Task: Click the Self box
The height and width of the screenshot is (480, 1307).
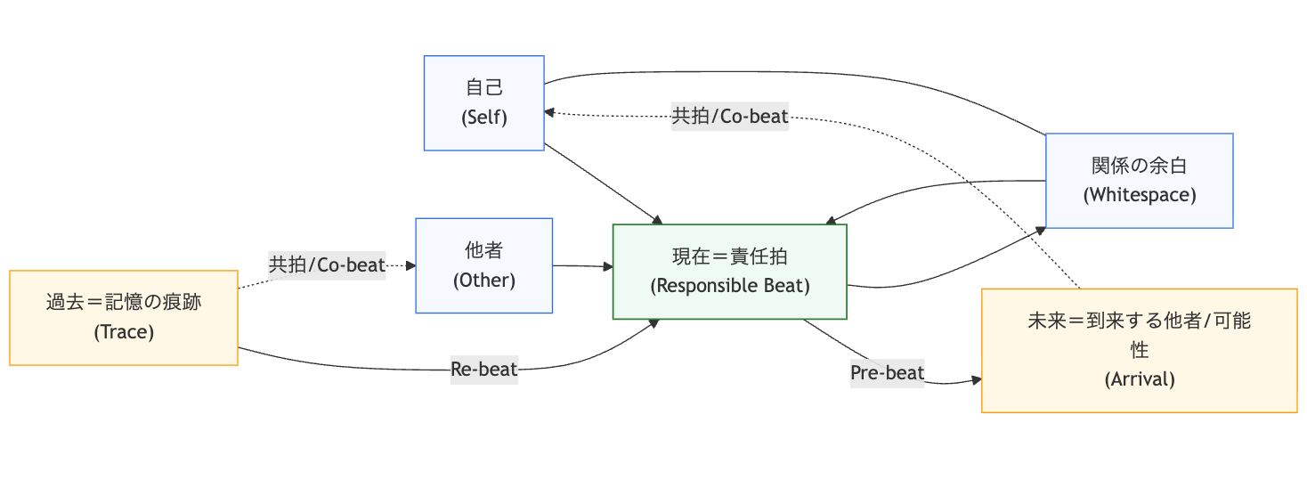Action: [x=483, y=102]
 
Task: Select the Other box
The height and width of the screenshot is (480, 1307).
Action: [x=483, y=265]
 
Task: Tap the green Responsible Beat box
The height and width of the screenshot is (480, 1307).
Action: [x=729, y=272]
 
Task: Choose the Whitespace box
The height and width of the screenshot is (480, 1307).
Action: [x=1139, y=181]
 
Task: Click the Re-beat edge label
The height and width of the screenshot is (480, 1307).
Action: [x=483, y=369]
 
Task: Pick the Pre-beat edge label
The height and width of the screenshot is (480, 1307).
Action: [x=887, y=372]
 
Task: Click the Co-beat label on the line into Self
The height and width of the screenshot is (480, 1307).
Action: [x=729, y=117]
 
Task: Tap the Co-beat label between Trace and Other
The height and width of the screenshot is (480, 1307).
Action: [x=327, y=264]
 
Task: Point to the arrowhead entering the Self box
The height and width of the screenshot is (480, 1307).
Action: [x=550, y=113]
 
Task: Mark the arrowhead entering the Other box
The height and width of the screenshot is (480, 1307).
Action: [x=410, y=265]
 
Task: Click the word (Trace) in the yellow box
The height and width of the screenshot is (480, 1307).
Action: [x=124, y=332]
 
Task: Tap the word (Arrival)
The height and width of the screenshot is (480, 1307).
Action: [x=1139, y=378]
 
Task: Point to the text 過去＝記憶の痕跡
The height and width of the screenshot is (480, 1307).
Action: [x=124, y=302]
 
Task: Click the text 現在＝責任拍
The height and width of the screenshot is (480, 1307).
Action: [x=729, y=256]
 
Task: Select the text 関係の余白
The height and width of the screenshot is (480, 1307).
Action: [x=1139, y=166]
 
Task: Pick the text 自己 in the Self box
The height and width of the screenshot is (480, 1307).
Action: [x=483, y=87]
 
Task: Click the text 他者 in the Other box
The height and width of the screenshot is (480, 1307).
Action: [x=483, y=250]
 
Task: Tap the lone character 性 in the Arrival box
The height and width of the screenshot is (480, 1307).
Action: [x=1139, y=349]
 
